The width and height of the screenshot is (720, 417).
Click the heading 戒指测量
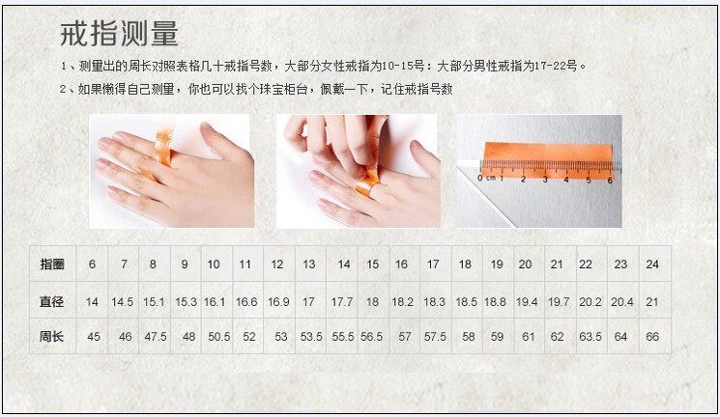pyautogui.click(x=119, y=34)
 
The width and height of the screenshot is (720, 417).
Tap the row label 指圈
pyautogui.click(x=52, y=264)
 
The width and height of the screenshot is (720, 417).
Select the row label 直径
pyautogui.click(x=51, y=302)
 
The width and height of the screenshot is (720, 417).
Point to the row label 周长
pyautogui.click(x=51, y=336)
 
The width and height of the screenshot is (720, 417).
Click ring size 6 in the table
pyautogui.click(x=93, y=264)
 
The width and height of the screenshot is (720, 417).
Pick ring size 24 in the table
pyautogui.click(x=652, y=264)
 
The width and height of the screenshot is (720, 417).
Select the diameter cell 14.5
pyautogui.click(x=122, y=302)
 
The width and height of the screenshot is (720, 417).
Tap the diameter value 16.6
pyautogui.click(x=246, y=302)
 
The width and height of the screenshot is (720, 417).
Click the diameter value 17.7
pyautogui.click(x=342, y=302)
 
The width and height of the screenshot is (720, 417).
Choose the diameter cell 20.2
pyautogui.click(x=590, y=302)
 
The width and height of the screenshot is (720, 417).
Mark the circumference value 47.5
pyautogui.click(x=156, y=337)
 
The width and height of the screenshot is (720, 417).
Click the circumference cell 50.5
pyautogui.click(x=219, y=337)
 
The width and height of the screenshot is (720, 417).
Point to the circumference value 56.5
pyautogui.click(x=371, y=337)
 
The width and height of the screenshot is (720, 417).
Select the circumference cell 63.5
pyautogui.click(x=590, y=337)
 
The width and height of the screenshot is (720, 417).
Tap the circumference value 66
pyautogui.click(x=652, y=337)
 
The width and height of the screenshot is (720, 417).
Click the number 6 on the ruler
pyautogui.click(x=610, y=181)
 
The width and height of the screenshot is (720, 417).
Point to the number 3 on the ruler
pyautogui.click(x=545, y=180)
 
